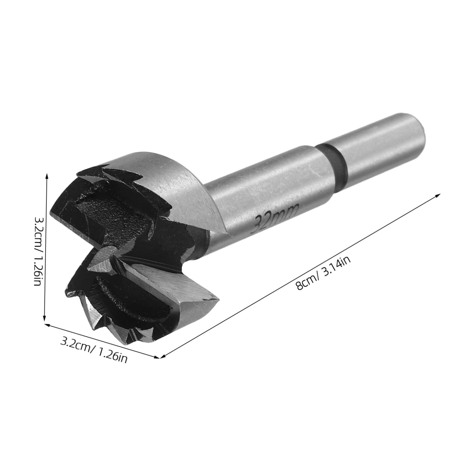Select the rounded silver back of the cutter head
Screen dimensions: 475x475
181,187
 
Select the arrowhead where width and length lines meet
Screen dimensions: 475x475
159,357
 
